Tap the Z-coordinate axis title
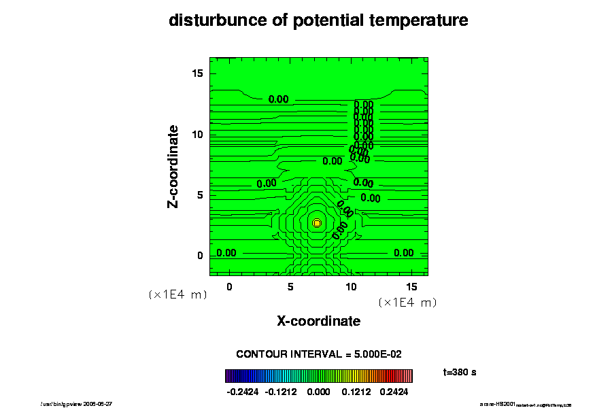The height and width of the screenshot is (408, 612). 174,166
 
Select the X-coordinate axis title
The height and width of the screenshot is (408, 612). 318,321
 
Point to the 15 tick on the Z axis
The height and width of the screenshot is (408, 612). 197,73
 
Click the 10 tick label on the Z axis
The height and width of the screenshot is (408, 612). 197,135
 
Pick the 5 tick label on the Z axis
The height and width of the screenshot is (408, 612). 200,195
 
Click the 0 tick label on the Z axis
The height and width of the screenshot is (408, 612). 200,256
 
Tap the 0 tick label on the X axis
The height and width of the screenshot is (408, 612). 229,287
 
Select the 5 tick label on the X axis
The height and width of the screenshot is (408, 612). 290,287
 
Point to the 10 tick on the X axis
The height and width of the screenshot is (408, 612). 352,287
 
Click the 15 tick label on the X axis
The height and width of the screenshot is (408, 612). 412,287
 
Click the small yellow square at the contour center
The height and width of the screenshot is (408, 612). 317,222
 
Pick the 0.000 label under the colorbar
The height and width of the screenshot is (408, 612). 318,392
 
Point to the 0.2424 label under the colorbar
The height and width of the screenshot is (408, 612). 395,392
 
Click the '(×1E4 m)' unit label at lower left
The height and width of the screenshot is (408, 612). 177,295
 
